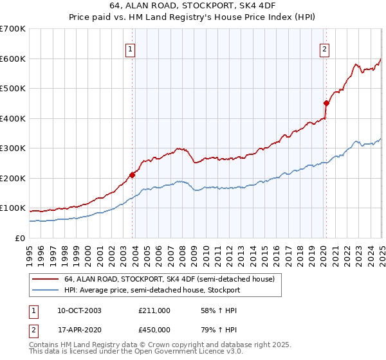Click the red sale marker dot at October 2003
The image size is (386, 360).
pos(133,174)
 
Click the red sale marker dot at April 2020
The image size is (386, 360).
pos(326,103)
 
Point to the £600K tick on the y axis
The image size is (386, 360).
pos(13,59)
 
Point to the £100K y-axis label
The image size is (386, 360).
pos(13,208)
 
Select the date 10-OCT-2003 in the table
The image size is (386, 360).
pos(78,310)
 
